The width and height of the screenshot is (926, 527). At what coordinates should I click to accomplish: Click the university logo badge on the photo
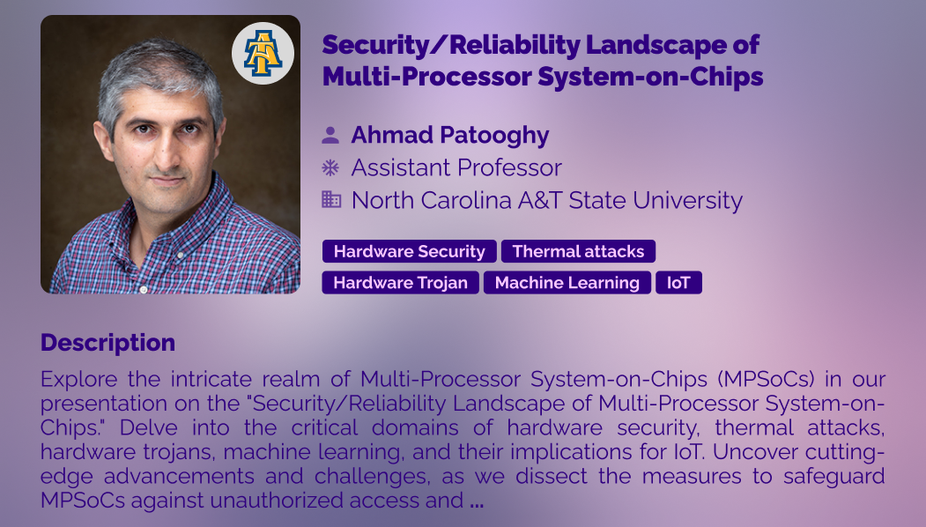[263, 53]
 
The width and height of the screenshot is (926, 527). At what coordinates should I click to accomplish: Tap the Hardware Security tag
[410, 251]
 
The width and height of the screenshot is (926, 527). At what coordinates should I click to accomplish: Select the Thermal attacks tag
[578, 251]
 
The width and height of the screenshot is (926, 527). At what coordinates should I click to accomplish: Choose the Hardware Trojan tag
[400, 282]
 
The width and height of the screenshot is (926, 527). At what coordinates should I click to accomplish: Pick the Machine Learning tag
[567, 282]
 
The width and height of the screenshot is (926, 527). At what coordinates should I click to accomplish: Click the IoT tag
[678, 282]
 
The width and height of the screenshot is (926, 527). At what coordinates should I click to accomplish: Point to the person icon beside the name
[330, 136]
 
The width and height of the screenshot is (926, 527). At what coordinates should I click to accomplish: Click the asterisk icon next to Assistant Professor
[330, 167]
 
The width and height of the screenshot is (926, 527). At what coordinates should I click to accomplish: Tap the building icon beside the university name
[331, 199]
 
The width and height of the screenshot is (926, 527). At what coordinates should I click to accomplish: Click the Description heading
[108, 343]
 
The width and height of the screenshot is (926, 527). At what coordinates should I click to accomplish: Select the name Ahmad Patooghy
[450, 136]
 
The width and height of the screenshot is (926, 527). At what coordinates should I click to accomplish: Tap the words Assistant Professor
[456, 167]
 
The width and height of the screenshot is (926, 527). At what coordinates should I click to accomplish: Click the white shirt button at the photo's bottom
[143, 289]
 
